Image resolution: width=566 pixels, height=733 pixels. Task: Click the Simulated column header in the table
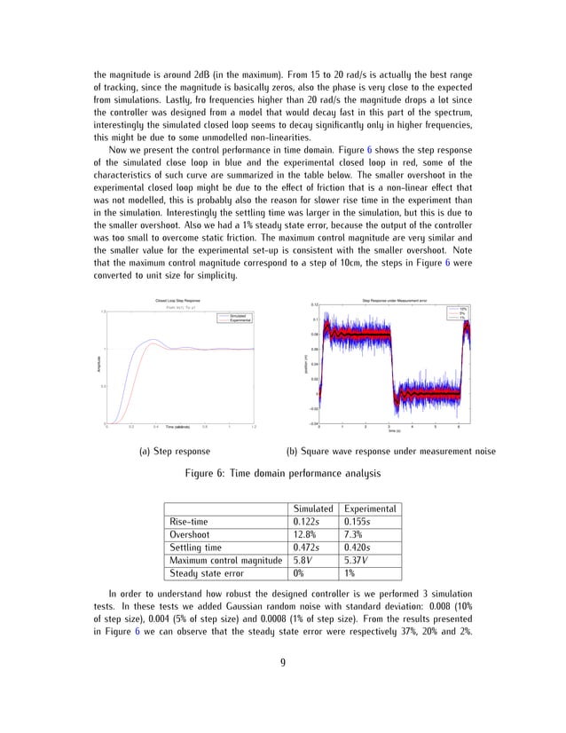pos(311,508)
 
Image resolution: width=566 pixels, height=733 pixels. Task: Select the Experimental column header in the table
pos(372,508)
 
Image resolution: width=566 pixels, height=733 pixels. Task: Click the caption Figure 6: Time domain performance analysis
pos(282,474)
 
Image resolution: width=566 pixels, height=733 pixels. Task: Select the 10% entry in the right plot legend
pos(462,309)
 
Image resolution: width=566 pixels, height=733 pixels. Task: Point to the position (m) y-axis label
pos(306,364)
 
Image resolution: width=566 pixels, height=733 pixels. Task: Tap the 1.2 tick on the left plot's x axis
pos(253,428)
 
